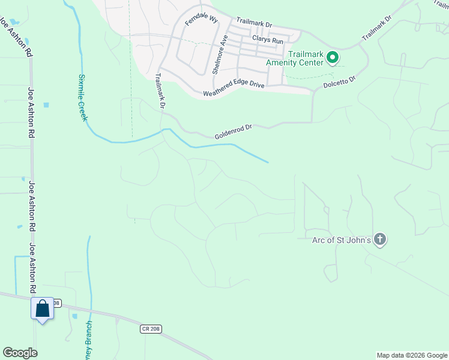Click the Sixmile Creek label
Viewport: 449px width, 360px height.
pyautogui.click(x=82, y=98)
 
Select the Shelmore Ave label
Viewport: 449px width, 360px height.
pyautogui.click(x=220, y=55)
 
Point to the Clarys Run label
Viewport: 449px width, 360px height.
pyautogui.click(x=267, y=40)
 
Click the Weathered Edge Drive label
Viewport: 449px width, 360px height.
pyautogui.click(x=234, y=89)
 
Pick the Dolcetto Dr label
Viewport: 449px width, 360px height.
pyautogui.click(x=340, y=80)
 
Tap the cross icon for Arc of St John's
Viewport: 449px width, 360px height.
pyautogui.click(x=379, y=240)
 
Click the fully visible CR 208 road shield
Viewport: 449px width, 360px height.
pyautogui.click(x=151, y=329)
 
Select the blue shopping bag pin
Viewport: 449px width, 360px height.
pyautogui.click(x=42, y=310)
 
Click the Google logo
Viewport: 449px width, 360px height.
pyautogui.click(x=20, y=353)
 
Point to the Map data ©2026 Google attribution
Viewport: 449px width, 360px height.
pyautogui.click(x=412, y=355)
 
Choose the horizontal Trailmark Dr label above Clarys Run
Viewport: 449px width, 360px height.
pyautogui.click(x=254, y=23)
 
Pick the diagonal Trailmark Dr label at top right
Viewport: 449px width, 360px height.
pyautogui.click(x=376, y=28)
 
